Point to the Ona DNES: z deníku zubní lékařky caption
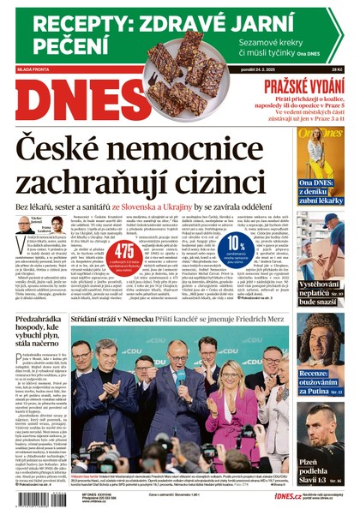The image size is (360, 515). click(x=321, y=195)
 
